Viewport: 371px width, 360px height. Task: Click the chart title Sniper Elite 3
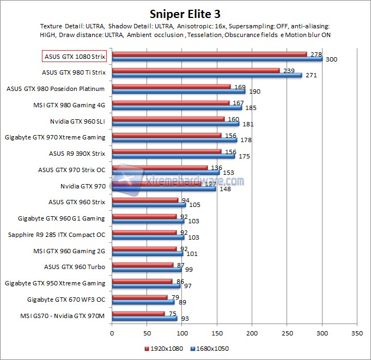(x=185, y=13)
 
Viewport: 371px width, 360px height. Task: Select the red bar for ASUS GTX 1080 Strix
(x=209, y=54)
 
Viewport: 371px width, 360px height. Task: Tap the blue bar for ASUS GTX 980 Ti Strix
(x=206, y=75)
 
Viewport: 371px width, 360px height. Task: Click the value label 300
(x=331, y=59)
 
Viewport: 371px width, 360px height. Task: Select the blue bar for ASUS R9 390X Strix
(x=173, y=156)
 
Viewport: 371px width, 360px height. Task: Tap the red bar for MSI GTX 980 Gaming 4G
(x=171, y=102)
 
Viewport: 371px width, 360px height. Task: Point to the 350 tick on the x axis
(x=357, y=332)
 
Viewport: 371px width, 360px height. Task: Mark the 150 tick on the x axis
(x=217, y=332)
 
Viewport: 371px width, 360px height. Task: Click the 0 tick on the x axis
(x=112, y=332)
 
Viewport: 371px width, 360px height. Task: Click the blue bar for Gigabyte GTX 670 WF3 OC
(x=143, y=302)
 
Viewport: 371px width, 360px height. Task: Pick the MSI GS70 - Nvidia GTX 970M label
(x=62, y=316)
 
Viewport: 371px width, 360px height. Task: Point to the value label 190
(x=254, y=91)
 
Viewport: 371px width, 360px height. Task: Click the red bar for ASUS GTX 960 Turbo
(x=142, y=265)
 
